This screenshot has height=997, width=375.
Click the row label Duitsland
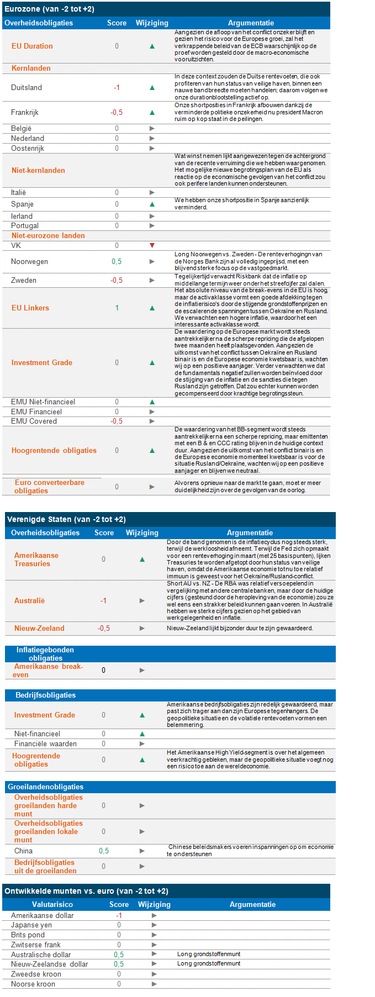click(27, 88)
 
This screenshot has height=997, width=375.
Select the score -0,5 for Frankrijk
click(117, 113)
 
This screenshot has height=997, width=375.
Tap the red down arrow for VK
click(152, 245)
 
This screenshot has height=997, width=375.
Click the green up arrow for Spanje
click(152, 204)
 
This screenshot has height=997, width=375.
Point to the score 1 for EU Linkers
click(117, 308)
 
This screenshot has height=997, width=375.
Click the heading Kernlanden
click(31, 68)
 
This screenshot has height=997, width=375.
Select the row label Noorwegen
click(29, 262)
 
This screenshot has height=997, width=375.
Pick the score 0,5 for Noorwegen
click(117, 262)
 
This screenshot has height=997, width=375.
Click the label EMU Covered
click(34, 421)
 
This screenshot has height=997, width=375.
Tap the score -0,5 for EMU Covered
click(117, 421)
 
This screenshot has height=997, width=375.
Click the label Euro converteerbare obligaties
click(49, 487)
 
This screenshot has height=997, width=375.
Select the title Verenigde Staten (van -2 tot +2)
click(66, 520)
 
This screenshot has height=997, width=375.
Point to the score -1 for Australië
click(103, 601)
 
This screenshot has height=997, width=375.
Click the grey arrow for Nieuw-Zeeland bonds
click(142, 629)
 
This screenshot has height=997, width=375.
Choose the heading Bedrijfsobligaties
click(45, 695)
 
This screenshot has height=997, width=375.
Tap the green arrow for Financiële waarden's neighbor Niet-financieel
click(142, 734)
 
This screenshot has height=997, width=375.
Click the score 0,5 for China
click(104, 851)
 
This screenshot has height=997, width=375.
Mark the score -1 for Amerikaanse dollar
click(119, 916)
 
